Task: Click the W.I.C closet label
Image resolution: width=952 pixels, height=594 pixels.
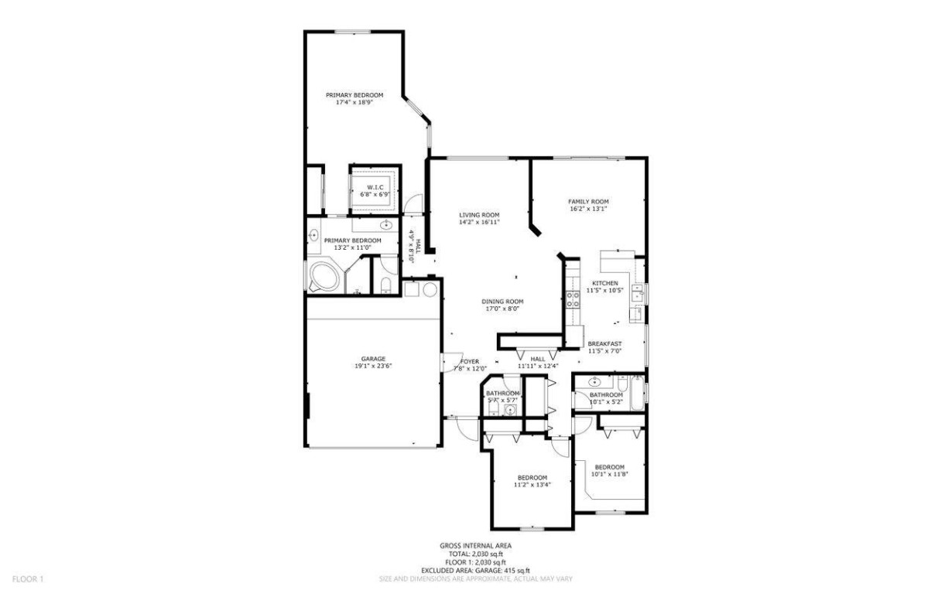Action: [x=375, y=187]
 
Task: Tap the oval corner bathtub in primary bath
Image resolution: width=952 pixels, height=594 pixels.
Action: [x=323, y=277]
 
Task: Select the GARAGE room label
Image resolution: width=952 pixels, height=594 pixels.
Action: [x=373, y=359]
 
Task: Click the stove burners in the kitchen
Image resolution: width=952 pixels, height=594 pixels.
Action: [x=574, y=299]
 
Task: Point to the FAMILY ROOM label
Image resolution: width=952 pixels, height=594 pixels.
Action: [x=588, y=201]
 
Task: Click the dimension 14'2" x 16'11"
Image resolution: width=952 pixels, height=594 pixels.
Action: [x=479, y=222]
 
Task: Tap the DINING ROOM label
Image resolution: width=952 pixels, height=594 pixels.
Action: [x=502, y=301]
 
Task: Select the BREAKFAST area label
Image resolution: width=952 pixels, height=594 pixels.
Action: [x=604, y=343]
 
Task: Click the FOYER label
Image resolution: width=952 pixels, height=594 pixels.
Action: [x=470, y=361]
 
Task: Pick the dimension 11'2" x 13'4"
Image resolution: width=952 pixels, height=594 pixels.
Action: [x=532, y=485]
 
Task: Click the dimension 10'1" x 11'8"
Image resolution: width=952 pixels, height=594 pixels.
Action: [x=609, y=474]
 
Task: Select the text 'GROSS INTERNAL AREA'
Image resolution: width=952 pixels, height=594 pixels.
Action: [x=475, y=546]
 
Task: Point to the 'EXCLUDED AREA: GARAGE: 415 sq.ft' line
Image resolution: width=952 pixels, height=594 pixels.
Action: [x=475, y=571]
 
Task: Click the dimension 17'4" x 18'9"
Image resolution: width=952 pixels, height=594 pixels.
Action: [x=354, y=102]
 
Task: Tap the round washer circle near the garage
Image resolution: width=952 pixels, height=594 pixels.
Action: [x=430, y=289]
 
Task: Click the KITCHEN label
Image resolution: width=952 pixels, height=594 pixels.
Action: [x=604, y=283]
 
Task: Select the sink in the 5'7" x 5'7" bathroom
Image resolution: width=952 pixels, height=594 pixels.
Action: [x=510, y=409]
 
